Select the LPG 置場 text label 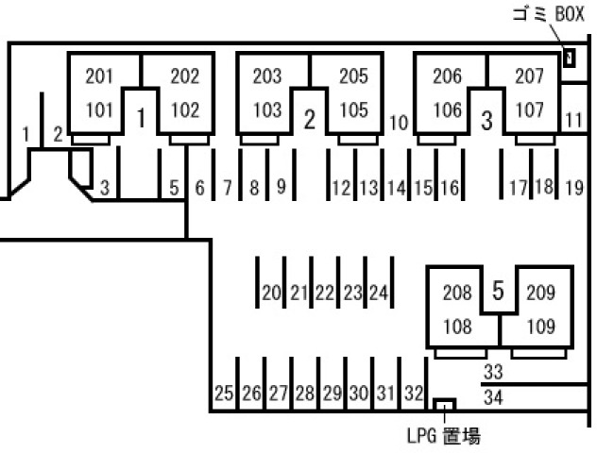click(x=443, y=436)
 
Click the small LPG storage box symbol click(x=443, y=405)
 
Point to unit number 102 click(x=185, y=109)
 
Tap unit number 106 click(x=448, y=109)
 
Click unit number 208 click(x=458, y=294)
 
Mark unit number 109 click(x=540, y=329)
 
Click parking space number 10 click(x=399, y=123)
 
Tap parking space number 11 click(x=573, y=121)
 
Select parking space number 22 click(x=325, y=294)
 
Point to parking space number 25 click(x=224, y=394)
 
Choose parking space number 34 click(x=493, y=397)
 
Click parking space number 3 click(x=105, y=188)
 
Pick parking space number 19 click(x=573, y=188)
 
